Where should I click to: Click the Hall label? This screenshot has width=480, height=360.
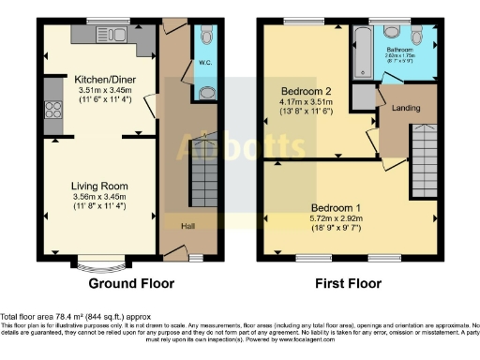pyautogui.click(x=175, y=225)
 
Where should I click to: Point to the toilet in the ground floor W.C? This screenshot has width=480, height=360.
pyautogui.click(x=205, y=39)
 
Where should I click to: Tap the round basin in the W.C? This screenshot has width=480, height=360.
pyautogui.click(x=205, y=93)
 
